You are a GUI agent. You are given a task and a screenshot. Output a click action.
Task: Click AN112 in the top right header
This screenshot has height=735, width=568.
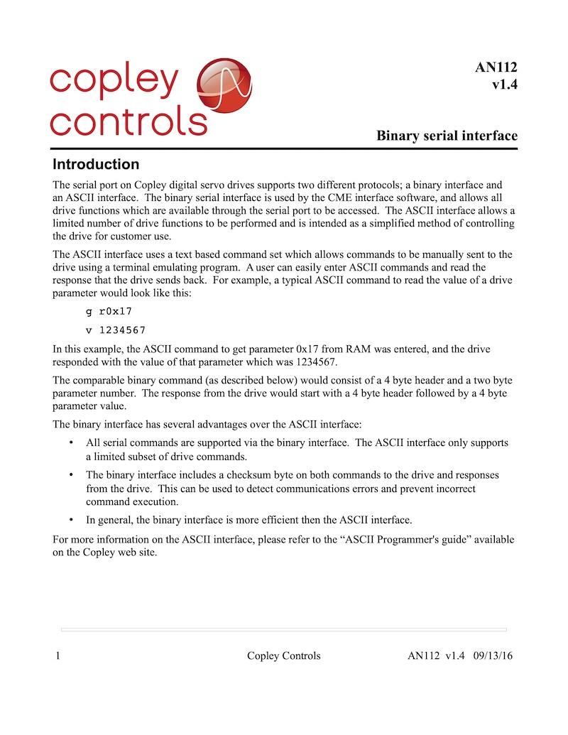pos(496,68)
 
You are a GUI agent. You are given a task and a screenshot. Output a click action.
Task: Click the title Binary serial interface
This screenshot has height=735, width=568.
pos(447,135)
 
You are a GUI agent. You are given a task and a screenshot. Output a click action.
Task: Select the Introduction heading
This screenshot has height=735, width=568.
pos(96,165)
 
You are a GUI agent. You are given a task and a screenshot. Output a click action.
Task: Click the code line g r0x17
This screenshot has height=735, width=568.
pos(109,310)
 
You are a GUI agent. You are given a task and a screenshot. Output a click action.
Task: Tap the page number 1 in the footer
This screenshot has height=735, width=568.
pos(57,655)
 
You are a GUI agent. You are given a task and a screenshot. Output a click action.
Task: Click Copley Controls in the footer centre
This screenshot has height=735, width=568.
pos(283,655)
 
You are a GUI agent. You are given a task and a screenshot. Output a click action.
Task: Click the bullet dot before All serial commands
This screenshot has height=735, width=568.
pos(70,442)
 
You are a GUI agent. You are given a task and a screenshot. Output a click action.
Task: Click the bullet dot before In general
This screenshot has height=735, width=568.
pos(70,519)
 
